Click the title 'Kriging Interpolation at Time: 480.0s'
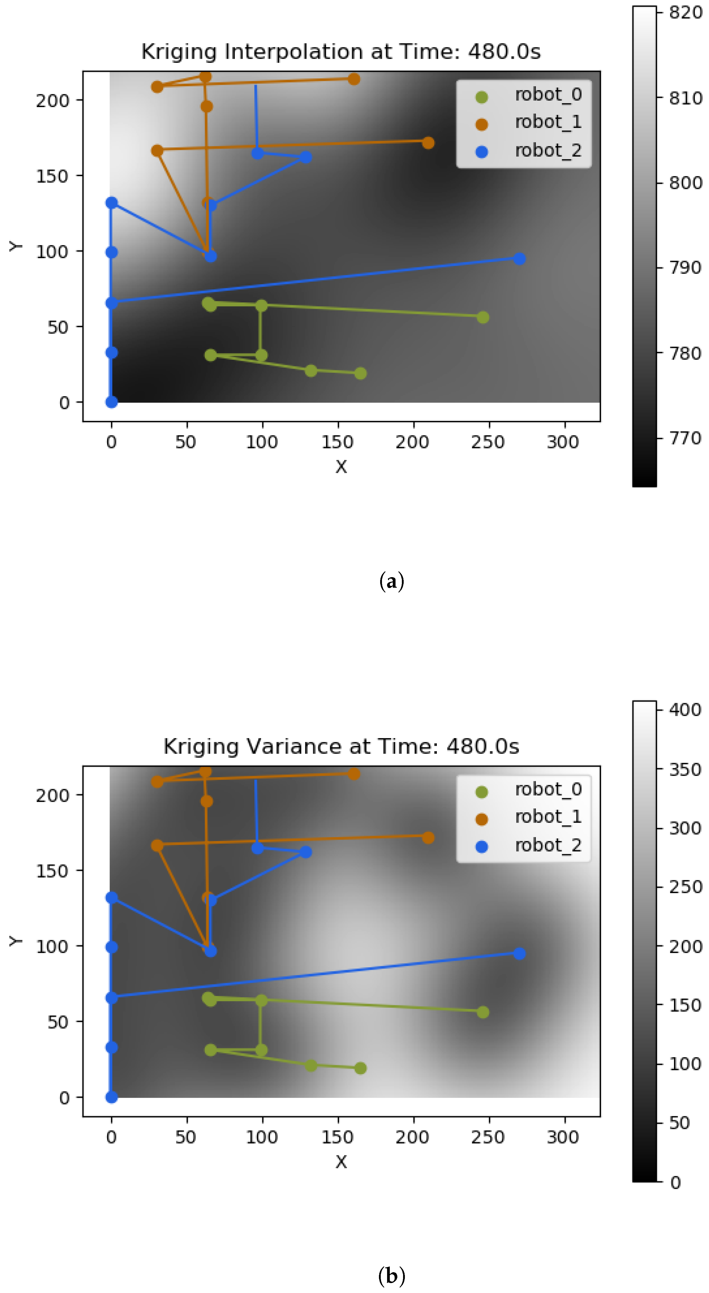click(341, 52)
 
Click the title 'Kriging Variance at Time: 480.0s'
click(341, 746)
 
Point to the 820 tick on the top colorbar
click(685, 13)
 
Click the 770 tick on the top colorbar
click(685, 438)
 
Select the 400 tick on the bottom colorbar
click(685, 709)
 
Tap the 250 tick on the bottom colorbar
click(685, 887)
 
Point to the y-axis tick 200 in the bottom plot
click(52, 795)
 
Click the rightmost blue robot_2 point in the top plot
click(519, 258)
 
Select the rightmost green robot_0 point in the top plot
click(482, 317)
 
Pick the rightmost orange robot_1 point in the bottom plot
click(428, 838)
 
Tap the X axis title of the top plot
click(341, 467)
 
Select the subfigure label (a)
click(391, 581)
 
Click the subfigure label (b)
click(391, 1276)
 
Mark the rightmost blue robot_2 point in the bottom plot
click(519, 953)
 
